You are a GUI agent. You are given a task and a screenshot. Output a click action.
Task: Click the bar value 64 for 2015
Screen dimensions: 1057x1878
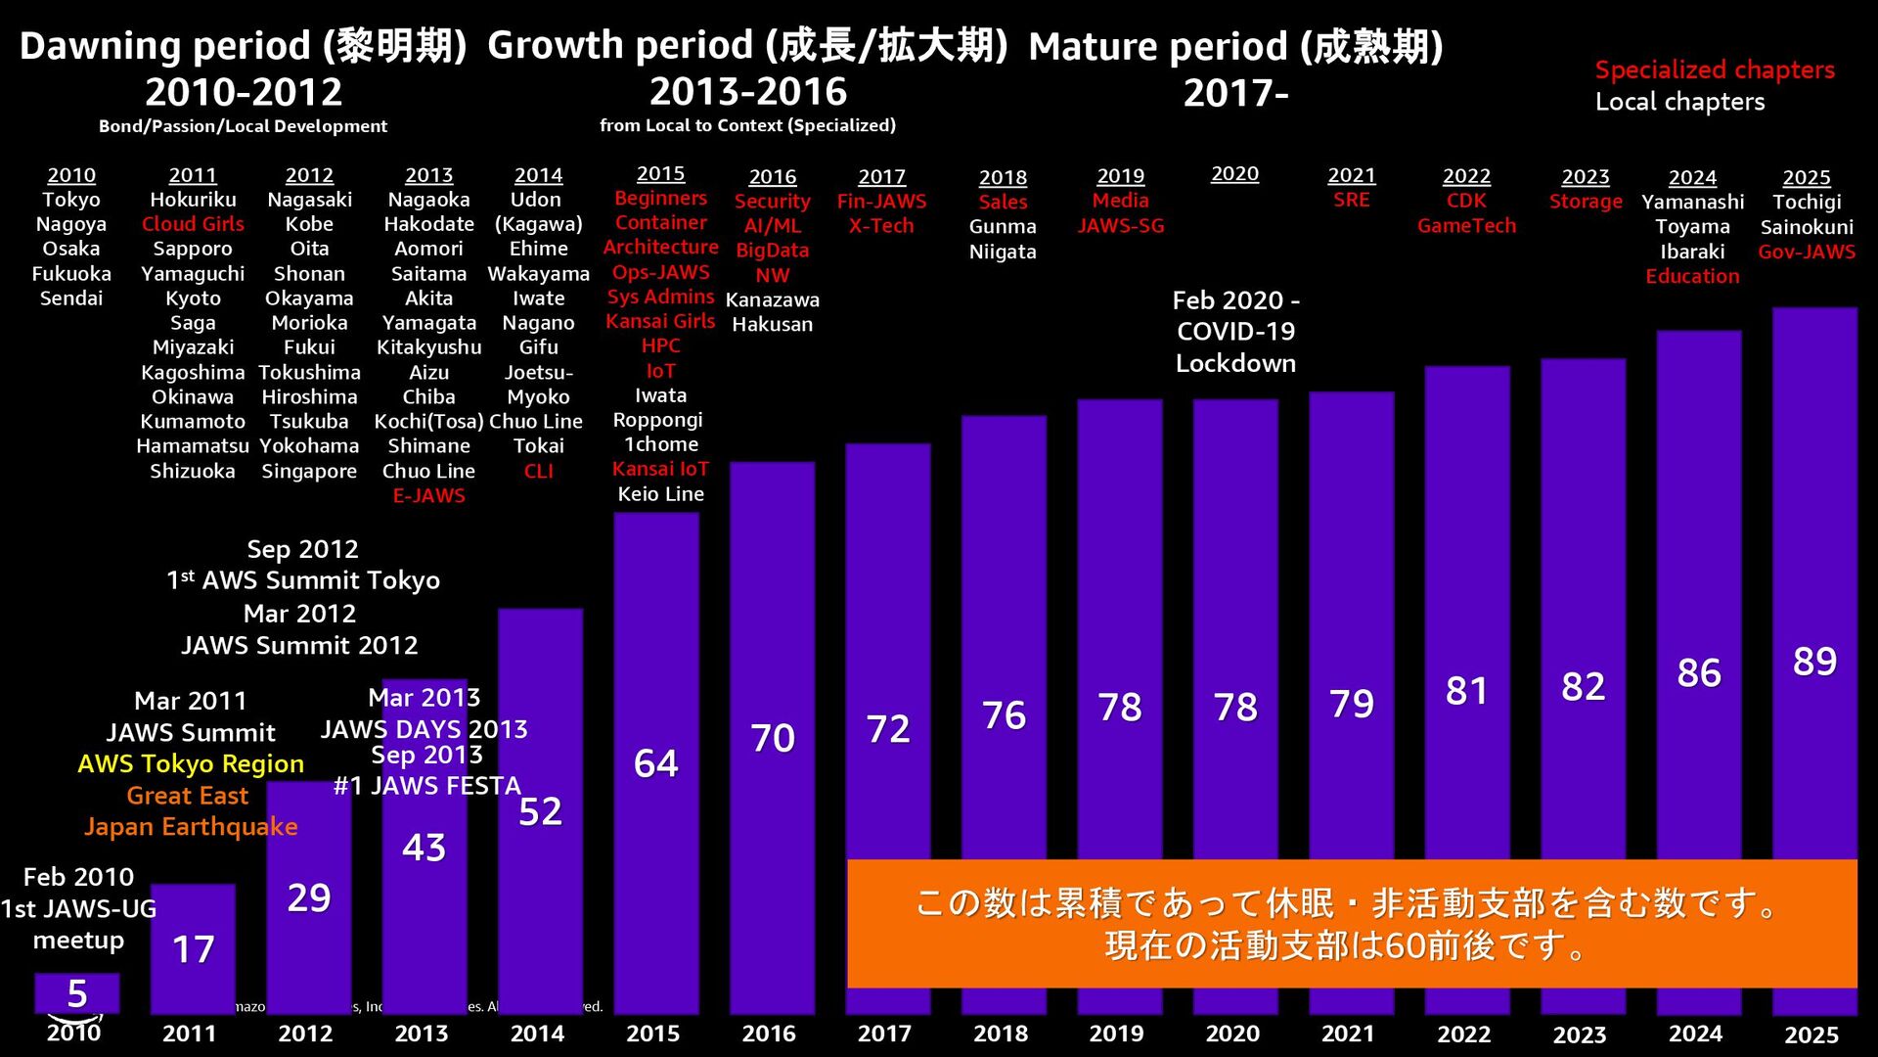coord(655,763)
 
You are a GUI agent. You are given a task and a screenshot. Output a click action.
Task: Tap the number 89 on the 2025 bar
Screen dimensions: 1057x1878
coord(1814,662)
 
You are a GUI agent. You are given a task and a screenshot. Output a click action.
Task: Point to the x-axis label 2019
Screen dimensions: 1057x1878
coord(1116,1034)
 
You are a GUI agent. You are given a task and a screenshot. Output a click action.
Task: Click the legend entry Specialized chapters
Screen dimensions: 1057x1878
coord(1715,69)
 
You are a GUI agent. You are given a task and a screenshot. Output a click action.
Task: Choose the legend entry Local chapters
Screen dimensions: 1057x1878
coord(1679,102)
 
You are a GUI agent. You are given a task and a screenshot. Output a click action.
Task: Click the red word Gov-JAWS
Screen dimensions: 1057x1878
coord(1807,252)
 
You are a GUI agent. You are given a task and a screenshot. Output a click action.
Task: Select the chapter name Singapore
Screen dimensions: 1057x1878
coord(309,471)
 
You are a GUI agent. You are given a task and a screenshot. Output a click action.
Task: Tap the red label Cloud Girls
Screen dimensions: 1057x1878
coord(193,224)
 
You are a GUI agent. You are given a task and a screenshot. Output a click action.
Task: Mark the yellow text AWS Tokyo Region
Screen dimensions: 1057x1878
coord(191,763)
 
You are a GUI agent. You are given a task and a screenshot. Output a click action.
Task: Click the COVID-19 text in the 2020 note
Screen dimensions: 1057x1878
coord(1235,331)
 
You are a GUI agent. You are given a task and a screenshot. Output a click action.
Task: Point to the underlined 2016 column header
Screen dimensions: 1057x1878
coord(772,177)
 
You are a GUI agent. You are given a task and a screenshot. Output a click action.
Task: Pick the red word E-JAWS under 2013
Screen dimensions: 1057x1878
coord(428,495)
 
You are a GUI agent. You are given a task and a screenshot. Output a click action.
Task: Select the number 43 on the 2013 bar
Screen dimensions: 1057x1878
coord(424,848)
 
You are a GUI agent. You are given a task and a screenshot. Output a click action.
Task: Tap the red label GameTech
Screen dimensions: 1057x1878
coord(1466,226)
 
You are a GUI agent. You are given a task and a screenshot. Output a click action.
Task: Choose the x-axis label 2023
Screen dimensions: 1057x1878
coord(1580,1034)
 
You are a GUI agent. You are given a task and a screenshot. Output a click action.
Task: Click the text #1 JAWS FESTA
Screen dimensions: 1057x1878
coord(427,786)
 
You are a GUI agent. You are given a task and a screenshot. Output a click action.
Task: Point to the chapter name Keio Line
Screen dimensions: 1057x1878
coord(660,494)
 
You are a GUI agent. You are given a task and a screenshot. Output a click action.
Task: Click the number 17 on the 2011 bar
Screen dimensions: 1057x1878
coord(193,949)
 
